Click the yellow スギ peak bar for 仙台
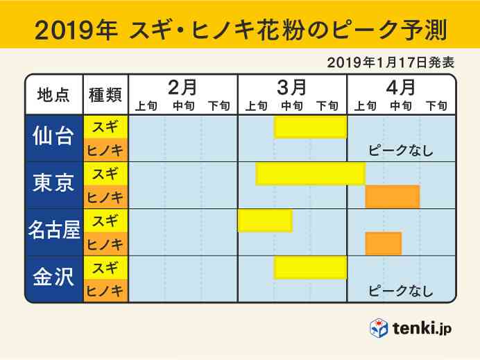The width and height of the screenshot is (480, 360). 310,127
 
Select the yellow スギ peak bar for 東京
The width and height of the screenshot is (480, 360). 310,173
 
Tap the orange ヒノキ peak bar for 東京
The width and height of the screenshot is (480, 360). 392,197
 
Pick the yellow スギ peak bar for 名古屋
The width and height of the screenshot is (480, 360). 265,221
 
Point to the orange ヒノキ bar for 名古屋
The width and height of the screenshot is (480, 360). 383,243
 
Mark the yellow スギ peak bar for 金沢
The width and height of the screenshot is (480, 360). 310,267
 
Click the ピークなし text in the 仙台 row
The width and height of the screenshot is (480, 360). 400,151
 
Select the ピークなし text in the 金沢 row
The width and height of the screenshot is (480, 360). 400,290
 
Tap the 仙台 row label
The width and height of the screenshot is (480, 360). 53,138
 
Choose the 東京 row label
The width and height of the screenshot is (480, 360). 53,185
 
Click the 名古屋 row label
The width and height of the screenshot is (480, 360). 53,232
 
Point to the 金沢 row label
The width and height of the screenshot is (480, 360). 53,278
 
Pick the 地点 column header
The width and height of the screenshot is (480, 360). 53,96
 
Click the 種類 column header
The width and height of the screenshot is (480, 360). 105,96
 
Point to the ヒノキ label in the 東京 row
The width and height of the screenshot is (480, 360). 105,197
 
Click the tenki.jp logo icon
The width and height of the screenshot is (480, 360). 379,327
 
